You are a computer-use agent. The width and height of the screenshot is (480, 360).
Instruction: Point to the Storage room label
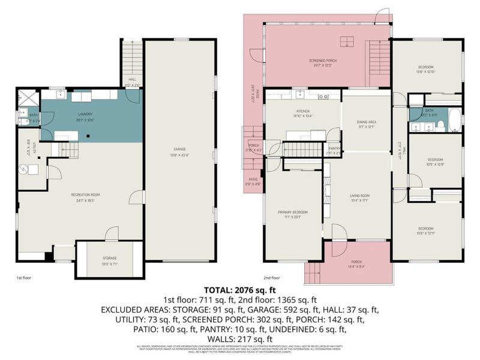tap(109, 258)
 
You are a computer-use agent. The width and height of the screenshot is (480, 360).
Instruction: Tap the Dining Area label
tap(366, 122)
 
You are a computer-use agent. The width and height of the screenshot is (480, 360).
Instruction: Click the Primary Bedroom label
tap(292, 212)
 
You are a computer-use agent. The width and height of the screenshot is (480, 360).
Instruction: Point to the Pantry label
tap(334, 149)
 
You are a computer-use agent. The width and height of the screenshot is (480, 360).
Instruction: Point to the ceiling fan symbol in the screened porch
tap(346, 41)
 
